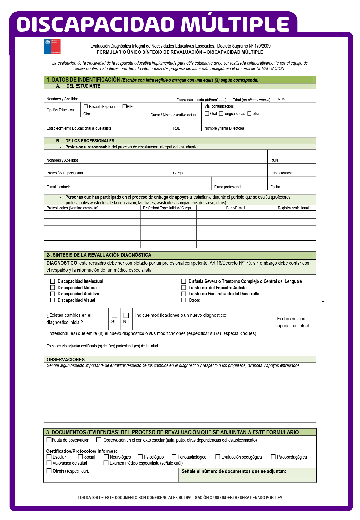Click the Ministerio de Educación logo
coord(52,46)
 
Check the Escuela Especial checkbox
coord(86,107)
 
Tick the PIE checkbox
coord(125,107)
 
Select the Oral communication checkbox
coord(207,114)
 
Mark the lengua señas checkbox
coord(221,114)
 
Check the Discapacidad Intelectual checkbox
coord(53,281)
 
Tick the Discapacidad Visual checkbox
coord(53,300)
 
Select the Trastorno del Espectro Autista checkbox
coord(184,288)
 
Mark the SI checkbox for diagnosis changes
coord(114,316)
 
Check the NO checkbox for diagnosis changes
coord(126,316)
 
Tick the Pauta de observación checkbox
coord(49,440)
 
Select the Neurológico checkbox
coord(106,457)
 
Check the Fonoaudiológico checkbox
coord(174,457)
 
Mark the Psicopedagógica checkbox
coord(273,457)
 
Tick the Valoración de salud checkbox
coord(49,463)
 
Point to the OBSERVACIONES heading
coord(66,360)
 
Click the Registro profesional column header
coord(293,208)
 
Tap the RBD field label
coord(177,128)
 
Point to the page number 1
coord(323,300)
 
